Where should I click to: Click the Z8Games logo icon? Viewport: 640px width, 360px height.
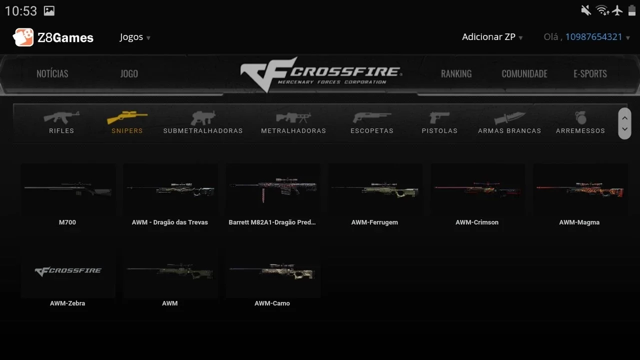[x=23, y=37]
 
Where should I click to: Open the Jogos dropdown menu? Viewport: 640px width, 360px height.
[x=135, y=37]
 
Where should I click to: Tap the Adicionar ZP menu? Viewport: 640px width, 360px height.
[x=492, y=37]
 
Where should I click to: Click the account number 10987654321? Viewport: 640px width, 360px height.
[x=593, y=37]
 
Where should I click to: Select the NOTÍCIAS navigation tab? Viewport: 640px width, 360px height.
[x=52, y=73]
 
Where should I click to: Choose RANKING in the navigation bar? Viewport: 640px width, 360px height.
[x=456, y=73]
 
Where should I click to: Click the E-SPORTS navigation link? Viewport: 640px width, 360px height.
[x=590, y=73]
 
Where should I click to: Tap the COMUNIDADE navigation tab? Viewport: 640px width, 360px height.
[x=524, y=73]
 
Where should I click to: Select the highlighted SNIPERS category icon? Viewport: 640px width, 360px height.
[x=127, y=117]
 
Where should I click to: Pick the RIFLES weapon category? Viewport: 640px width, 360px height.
[x=61, y=122]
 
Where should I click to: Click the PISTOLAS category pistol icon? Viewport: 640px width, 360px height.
[x=439, y=117]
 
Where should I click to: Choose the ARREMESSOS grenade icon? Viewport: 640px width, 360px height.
[x=580, y=117]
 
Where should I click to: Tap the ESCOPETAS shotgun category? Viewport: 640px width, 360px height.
[x=372, y=122]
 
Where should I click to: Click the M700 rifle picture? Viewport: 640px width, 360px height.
[x=68, y=189]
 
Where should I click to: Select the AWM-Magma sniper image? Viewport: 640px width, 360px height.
[x=580, y=189]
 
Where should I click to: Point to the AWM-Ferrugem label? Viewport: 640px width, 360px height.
[x=374, y=222]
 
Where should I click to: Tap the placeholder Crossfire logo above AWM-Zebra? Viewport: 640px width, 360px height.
[x=68, y=271]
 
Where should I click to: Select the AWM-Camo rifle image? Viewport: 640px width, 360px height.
[x=272, y=271]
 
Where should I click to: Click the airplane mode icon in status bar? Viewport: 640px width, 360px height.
[x=617, y=10]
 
